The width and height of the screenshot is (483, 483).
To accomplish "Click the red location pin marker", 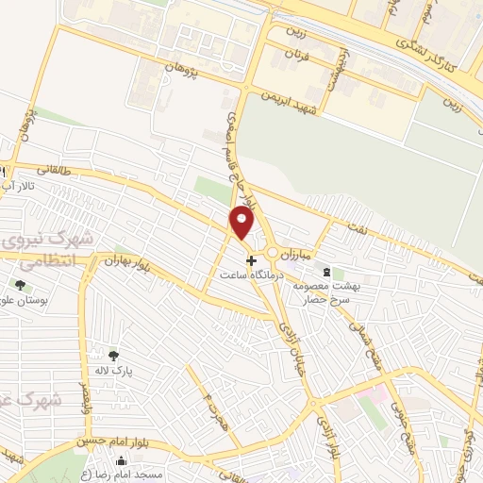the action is tap(242, 224).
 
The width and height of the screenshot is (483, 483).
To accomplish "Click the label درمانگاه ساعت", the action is tap(250, 276).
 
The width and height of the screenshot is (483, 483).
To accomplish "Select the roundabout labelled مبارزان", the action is tap(274, 253).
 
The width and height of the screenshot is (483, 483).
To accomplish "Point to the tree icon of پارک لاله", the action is tap(113, 356).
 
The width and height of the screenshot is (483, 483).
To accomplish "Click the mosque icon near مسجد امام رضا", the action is tap(121, 461).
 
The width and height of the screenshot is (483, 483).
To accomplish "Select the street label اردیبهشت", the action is tap(334, 67).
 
